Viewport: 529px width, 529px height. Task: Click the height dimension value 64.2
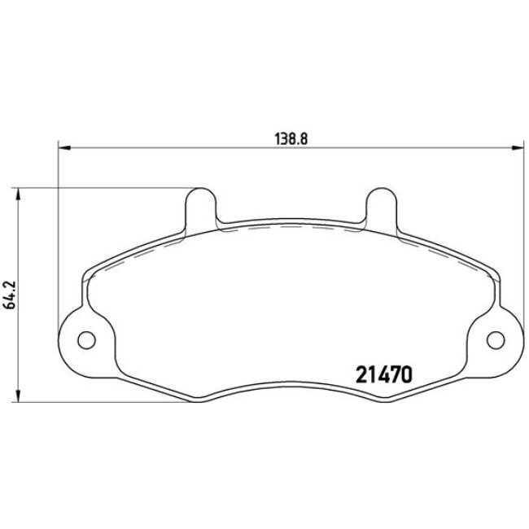[x=9, y=295]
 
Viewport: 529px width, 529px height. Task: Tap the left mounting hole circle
[x=85, y=340]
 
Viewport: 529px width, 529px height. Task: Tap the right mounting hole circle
[x=494, y=340]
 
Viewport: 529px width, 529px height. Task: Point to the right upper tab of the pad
[x=380, y=208]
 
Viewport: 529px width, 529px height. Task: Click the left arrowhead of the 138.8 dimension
[x=63, y=148]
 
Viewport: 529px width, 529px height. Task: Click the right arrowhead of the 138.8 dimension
[x=518, y=148]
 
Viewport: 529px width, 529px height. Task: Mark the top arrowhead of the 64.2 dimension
[x=18, y=194]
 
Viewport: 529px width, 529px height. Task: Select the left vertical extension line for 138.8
[x=57, y=244]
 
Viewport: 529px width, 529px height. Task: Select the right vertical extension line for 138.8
[x=523, y=244]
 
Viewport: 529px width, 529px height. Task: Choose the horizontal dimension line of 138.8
[x=203, y=148]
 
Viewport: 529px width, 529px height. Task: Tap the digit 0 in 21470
[x=409, y=374]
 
